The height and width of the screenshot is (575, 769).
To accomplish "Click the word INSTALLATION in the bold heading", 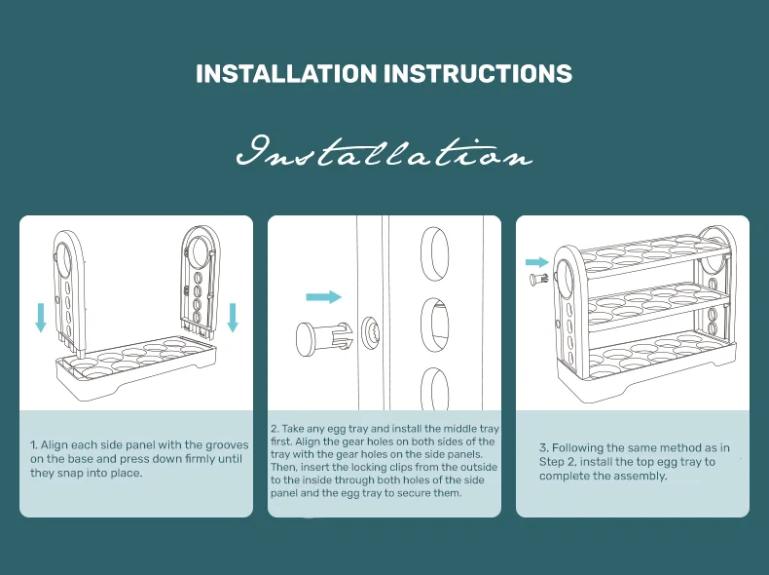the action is pyautogui.click(x=286, y=74).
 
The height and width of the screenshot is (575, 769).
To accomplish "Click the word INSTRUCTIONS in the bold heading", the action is pyautogui.click(x=478, y=74).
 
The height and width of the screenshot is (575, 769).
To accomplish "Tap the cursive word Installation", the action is pyautogui.click(x=384, y=152).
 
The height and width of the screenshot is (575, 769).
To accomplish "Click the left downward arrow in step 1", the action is pyautogui.click(x=41, y=317).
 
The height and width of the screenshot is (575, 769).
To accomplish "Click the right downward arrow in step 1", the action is pyautogui.click(x=233, y=317).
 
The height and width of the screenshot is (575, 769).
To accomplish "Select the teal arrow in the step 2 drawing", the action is pyautogui.click(x=323, y=296).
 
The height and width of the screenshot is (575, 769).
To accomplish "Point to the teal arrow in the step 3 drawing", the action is pyautogui.click(x=537, y=262).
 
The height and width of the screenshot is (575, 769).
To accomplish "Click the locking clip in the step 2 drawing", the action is pyautogui.click(x=324, y=338).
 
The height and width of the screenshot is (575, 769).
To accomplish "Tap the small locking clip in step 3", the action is pyautogui.click(x=540, y=280).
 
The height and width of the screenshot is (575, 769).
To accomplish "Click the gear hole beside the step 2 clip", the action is pyautogui.click(x=371, y=332).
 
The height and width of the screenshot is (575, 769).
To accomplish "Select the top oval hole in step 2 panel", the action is pyautogui.click(x=434, y=253).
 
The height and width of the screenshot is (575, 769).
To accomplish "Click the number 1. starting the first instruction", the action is pyautogui.click(x=34, y=445).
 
